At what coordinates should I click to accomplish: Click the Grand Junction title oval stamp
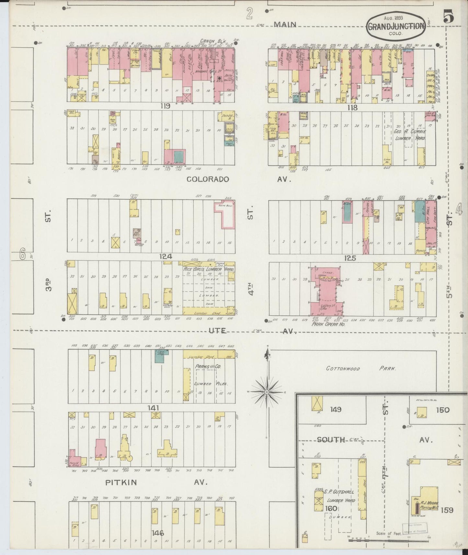click(x=396, y=26)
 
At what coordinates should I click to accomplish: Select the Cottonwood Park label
click(x=361, y=368)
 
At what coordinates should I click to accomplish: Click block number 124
click(x=165, y=256)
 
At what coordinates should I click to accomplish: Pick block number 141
click(x=153, y=408)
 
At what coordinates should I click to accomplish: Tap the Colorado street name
click(x=207, y=179)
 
